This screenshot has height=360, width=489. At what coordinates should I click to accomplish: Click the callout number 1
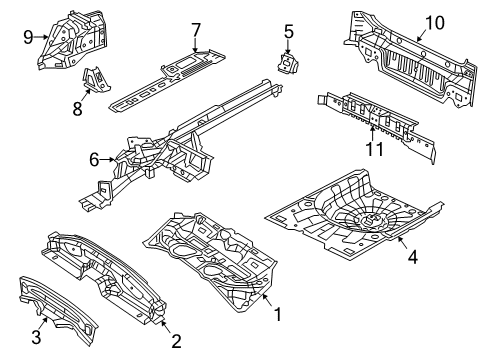[x=277, y=313]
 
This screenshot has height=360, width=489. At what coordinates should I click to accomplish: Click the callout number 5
[x=288, y=32]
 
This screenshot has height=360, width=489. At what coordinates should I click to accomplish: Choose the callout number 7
[x=196, y=28]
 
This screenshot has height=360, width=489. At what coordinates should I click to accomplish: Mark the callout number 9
[x=27, y=38]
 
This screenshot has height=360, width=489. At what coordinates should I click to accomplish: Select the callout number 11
[x=372, y=150]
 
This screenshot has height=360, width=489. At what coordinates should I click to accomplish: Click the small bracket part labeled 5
[x=288, y=65]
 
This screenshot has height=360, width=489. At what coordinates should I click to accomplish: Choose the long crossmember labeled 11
[x=375, y=118]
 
